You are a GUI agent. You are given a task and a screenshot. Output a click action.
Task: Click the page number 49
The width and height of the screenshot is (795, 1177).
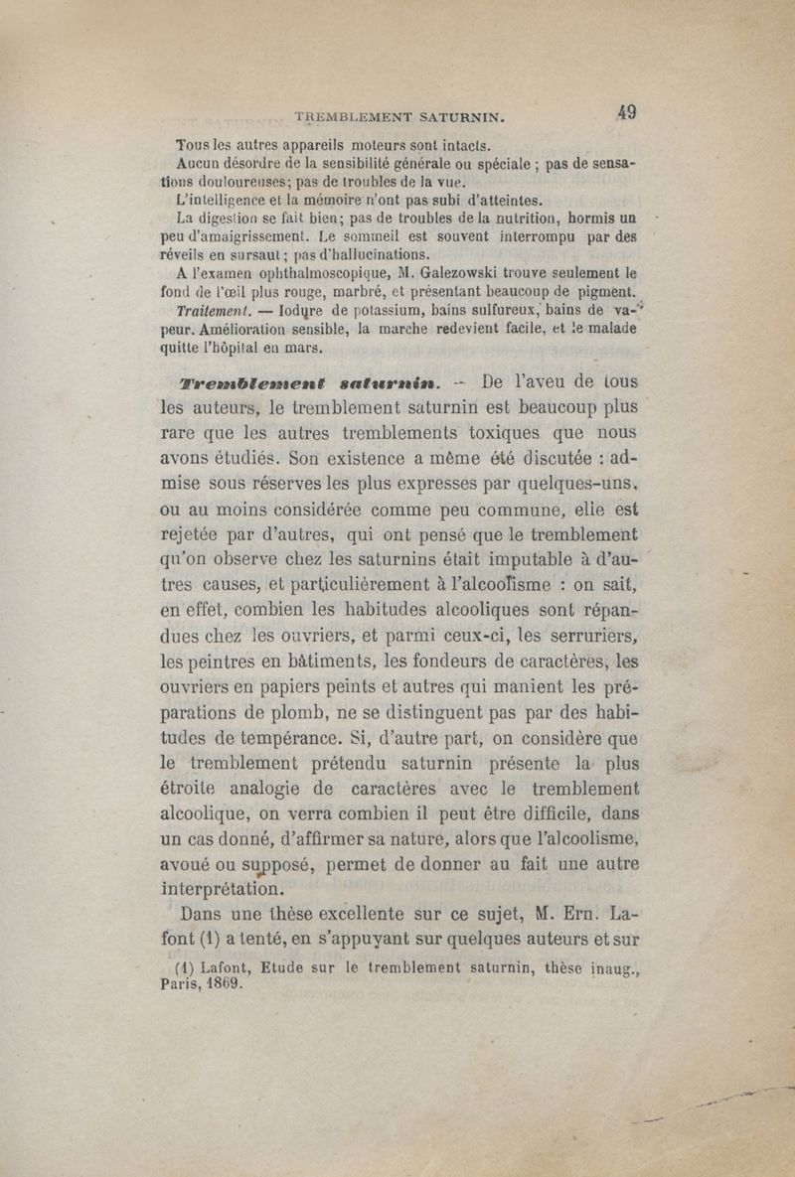coord(626,112)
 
